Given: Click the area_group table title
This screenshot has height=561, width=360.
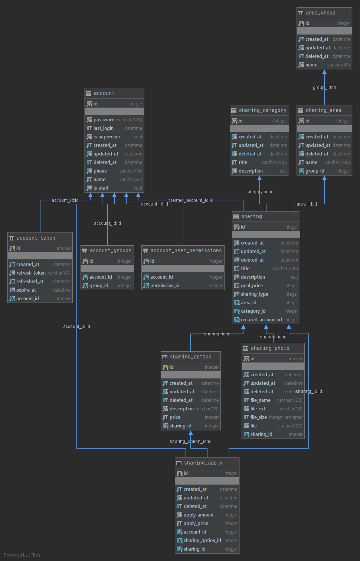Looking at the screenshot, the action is coord(320,13).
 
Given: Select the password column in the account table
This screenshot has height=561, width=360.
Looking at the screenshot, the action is coord(104,120).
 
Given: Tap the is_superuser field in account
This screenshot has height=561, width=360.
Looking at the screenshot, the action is coord(107,137).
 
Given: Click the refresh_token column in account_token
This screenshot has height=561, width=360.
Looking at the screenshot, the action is coord(31,273).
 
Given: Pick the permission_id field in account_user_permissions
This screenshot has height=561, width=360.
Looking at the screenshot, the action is coord(164,286).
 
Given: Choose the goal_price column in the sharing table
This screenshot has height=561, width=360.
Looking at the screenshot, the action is coord(252,286).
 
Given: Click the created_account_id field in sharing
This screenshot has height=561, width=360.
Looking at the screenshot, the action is coord(261,319).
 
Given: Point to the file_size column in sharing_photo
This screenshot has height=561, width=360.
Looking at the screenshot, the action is coord(258,417).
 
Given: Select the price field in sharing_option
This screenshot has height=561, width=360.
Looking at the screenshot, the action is coord(175,417).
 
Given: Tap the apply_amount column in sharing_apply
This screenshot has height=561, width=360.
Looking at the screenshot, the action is coord(199,515).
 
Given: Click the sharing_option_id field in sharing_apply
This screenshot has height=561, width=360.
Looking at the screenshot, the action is coord(202,541).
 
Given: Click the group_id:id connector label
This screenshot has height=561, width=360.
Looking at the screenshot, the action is coord(324,88).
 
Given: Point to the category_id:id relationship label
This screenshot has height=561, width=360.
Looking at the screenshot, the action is coord(259,192).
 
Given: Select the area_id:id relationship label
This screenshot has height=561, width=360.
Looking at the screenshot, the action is coord(307,204).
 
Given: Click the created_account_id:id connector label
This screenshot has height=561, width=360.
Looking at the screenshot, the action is coord(191,200).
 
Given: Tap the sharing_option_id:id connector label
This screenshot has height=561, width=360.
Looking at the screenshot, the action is coord(190,441).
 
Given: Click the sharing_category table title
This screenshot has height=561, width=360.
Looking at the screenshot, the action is coord(262,111).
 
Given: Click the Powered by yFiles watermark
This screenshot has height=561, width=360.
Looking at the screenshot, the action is coord(22,555).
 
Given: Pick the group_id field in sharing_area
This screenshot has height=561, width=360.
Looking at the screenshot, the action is coord(315,171).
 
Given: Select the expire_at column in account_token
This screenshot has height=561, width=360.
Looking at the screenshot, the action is coord(26,290).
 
